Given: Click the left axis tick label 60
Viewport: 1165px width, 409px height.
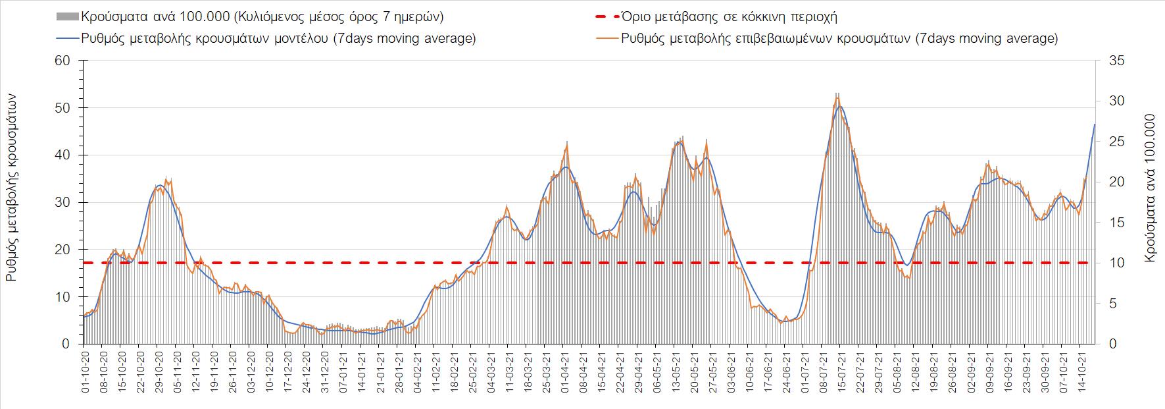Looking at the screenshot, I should tap(63, 61).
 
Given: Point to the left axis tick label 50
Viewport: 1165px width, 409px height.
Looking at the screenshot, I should tap(63, 108).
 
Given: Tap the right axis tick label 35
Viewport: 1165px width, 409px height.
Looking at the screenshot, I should tap(1118, 61).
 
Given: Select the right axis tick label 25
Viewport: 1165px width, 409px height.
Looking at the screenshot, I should tap(1118, 142).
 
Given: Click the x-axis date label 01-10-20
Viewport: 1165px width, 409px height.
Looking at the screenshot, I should tap(85, 371).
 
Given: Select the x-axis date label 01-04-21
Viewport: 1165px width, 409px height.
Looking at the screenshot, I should tap(565, 371).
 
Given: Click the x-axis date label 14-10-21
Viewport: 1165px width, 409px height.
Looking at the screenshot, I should tap(1079, 371).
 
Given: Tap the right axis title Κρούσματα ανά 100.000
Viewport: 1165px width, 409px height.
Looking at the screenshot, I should tap(1150, 189).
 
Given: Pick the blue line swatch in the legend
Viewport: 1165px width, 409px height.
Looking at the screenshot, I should tap(66, 38).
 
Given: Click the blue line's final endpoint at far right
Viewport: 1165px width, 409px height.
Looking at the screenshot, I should tap(1095, 124).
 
